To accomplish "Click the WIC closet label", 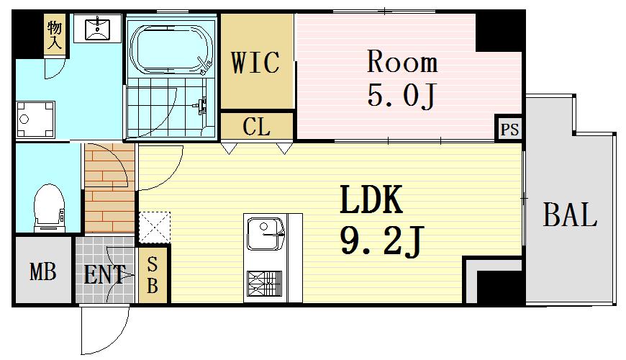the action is click(255, 63).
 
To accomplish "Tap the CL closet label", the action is click(256, 127).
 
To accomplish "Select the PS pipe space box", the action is click(509, 129).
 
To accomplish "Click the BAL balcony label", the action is click(570, 215).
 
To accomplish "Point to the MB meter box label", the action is click(43, 271).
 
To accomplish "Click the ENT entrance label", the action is click(104, 274).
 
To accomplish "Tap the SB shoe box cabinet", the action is click(152, 275).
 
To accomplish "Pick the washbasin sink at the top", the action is click(98, 28).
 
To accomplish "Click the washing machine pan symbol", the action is click(35, 119).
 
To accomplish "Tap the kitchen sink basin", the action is click(266, 233).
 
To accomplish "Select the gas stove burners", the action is click(264, 284).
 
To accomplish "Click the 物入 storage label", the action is click(55, 35).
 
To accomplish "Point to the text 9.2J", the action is click(381, 242).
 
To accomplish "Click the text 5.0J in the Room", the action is click(402, 96).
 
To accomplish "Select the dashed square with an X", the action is click(155, 228).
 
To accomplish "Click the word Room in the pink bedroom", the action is click(402, 62).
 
